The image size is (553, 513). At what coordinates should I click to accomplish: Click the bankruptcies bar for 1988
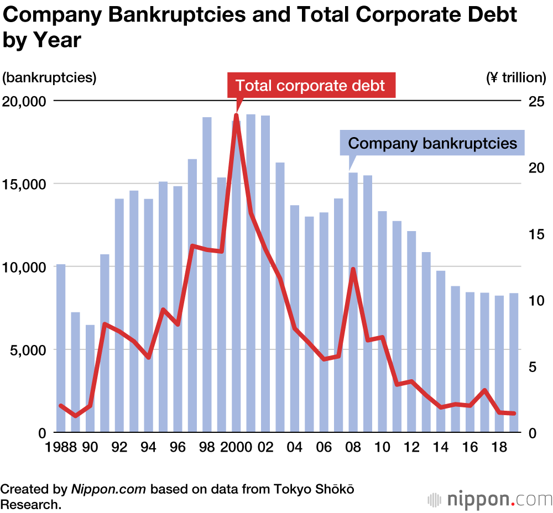tap(61, 348)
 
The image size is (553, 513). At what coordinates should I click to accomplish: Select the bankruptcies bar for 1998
tap(207, 276)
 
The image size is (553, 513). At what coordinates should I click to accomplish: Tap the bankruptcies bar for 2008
tap(353, 304)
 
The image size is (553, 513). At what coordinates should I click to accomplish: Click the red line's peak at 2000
tap(237, 116)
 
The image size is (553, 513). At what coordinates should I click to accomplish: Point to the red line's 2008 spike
tap(353, 269)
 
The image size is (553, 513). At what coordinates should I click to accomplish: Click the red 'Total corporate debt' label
tap(311, 86)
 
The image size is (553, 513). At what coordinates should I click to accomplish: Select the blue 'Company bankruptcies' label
tap(432, 144)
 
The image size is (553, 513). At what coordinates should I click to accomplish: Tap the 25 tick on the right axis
tap(536, 101)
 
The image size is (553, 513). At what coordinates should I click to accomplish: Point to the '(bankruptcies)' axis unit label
tap(49, 77)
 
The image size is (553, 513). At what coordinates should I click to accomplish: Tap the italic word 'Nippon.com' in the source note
tap(108, 489)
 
